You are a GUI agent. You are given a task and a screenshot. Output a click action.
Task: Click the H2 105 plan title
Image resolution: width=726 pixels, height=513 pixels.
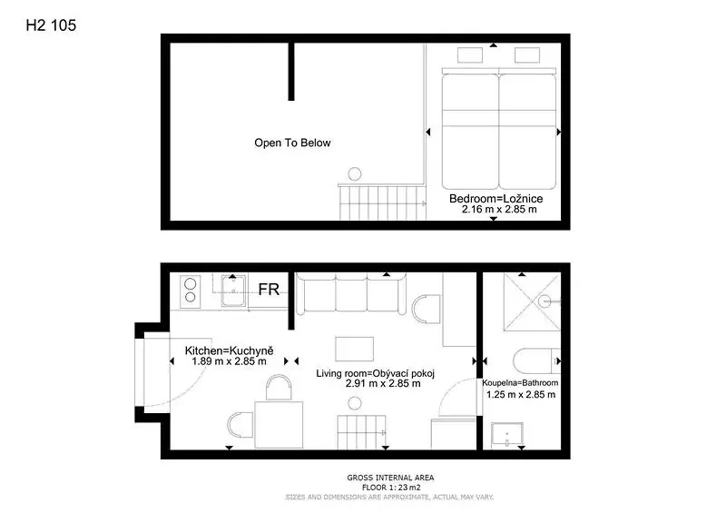tap(51, 25)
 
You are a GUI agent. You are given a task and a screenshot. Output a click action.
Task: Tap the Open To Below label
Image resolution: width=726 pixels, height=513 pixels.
tap(292, 143)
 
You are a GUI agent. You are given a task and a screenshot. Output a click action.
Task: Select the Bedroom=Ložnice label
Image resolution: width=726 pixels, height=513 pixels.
tap(495, 199)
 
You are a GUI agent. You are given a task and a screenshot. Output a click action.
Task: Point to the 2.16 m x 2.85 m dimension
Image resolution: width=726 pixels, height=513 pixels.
tap(499, 209)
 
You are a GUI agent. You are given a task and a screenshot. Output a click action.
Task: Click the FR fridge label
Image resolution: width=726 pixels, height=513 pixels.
tap(269, 289)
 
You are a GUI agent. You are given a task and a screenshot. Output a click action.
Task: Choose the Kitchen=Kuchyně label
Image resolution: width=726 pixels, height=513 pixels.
tap(230, 350)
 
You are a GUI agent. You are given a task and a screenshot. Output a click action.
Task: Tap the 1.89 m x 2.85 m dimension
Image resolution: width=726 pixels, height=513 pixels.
tap(230, 361)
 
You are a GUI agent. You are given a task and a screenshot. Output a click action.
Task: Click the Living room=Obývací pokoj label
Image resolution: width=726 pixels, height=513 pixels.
tap(376, 373)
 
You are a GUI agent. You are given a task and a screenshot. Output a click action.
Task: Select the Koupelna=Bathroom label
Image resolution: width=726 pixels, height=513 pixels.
tap(520, 383)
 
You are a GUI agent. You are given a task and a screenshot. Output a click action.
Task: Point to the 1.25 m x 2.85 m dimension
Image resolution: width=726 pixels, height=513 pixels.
tap(521, 395)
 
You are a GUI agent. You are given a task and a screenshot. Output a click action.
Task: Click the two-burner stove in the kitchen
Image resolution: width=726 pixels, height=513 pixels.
tap(191, 291)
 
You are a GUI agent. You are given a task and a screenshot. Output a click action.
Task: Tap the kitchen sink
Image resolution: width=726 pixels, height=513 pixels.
tap(234, 291)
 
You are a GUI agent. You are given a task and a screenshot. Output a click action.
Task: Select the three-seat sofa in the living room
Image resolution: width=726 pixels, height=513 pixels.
tap(351, 293)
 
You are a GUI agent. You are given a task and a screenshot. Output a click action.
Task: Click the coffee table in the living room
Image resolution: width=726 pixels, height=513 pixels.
tap(354, 349)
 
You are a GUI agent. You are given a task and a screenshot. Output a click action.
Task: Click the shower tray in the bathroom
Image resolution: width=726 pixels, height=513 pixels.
tap(532, 301)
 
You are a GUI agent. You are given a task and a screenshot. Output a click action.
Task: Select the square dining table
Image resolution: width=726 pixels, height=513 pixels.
tap(279, 425)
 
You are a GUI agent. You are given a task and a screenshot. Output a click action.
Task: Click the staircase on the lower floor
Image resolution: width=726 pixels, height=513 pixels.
tap(361, 432)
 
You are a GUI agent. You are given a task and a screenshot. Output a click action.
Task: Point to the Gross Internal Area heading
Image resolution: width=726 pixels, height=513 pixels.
tap(390, 478)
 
